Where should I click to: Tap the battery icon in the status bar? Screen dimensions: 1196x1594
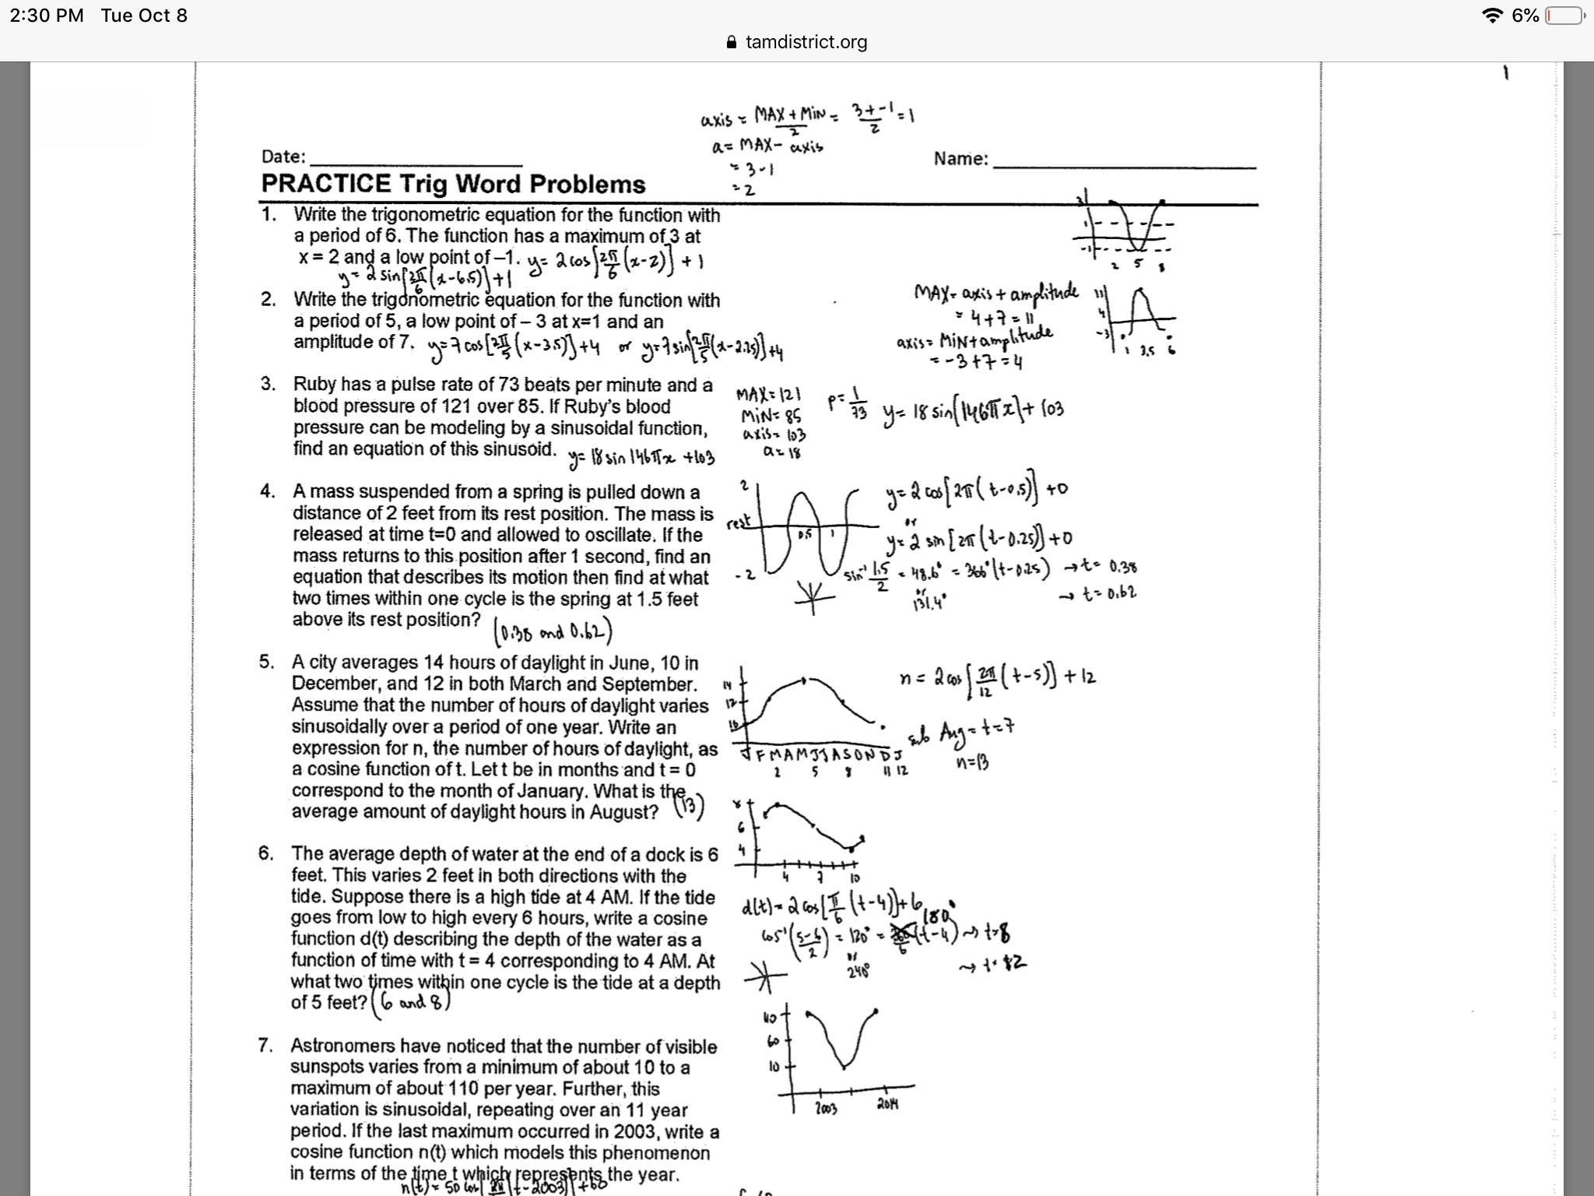(1565, 16)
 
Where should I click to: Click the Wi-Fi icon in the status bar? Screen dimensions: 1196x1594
(1491, 16)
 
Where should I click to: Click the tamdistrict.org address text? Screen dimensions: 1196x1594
(806, 42)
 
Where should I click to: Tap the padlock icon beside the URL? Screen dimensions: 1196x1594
(731, 42)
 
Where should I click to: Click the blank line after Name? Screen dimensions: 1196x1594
(1124, 161)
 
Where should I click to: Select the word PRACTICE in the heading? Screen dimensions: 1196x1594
(326, 184)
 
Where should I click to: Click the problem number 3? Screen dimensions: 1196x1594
(269, 384)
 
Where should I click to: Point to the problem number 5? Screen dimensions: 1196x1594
(267, 662)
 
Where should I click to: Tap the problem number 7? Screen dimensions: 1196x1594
(266, 1045)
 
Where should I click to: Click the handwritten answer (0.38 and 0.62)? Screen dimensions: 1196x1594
(553, 631)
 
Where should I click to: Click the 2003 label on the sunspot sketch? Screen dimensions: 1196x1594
(827, 1108)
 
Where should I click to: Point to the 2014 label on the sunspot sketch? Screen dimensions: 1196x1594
(887, 1103)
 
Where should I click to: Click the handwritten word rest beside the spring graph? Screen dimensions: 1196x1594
(738, 522)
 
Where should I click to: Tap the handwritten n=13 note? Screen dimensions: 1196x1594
(972, 763)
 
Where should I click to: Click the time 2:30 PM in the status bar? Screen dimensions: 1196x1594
(46, 16)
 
